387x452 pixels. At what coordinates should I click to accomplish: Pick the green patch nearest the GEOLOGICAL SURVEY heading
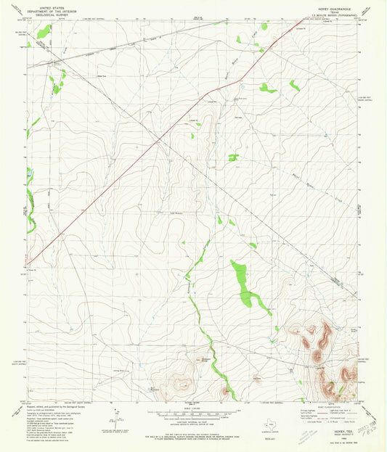tap(44, 31)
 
